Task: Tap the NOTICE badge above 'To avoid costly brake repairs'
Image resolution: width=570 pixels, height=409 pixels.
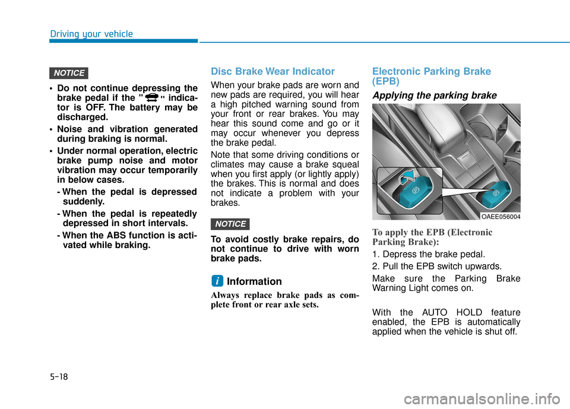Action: click(230, 224)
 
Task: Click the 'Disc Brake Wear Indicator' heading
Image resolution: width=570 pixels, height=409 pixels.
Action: click(273, 71)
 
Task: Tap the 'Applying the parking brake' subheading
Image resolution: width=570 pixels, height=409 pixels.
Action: click(434, 95)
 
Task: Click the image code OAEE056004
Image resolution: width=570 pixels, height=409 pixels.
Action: click(501, 217)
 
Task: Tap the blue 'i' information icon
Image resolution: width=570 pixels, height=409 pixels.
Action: click(218, 281)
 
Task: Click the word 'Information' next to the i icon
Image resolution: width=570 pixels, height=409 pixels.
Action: click(254, 281)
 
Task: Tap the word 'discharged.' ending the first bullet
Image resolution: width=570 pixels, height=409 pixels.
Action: click(83, 117)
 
